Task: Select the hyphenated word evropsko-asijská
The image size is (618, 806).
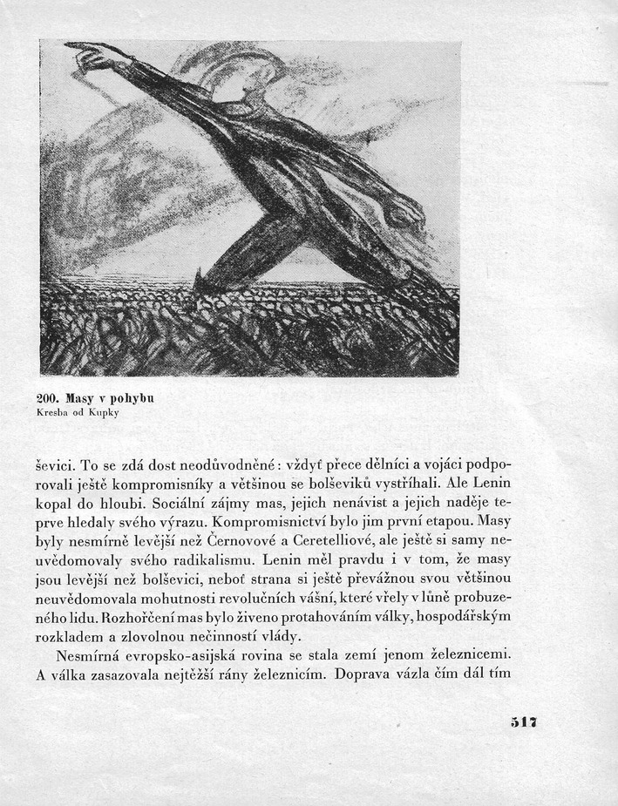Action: coord(203,656)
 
